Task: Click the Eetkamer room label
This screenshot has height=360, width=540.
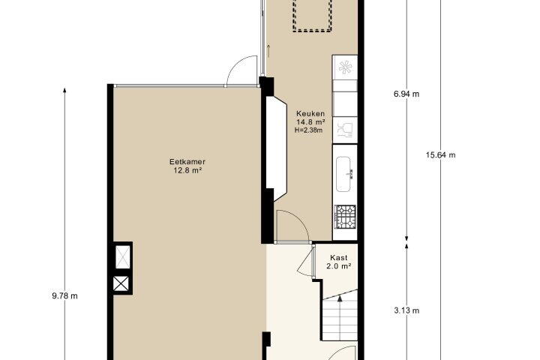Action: (x=187, y=161)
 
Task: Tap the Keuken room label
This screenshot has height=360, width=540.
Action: (x=310, y=114)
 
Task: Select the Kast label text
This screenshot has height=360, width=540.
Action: (x=339, y=258)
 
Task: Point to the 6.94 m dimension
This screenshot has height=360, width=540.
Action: (x=406, y=94)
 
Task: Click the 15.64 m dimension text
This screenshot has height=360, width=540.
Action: (x=440, y=155)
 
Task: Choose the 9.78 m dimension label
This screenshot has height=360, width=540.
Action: (x=64, y=296)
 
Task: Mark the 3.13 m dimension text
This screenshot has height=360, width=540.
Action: (x=406, y=310)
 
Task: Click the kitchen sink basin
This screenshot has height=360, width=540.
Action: (x=343, y=174)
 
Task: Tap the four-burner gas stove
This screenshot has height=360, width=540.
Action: (x=345, y=217)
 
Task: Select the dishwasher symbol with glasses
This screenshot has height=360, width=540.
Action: (x=345, y=130)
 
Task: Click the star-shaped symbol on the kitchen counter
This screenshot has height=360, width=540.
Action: (x=345, y=67)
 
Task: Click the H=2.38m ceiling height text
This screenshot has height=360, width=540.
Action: (x=309, y=130)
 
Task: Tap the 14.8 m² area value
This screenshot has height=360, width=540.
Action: (x=311, y=122)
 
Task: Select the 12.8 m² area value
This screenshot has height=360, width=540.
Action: (x=187, y=170)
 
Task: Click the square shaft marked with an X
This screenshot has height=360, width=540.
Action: (x=122, y=284)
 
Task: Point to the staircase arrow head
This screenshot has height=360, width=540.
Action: (x=340, y=298)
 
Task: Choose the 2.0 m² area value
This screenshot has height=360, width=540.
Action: (x=339, y=266)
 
